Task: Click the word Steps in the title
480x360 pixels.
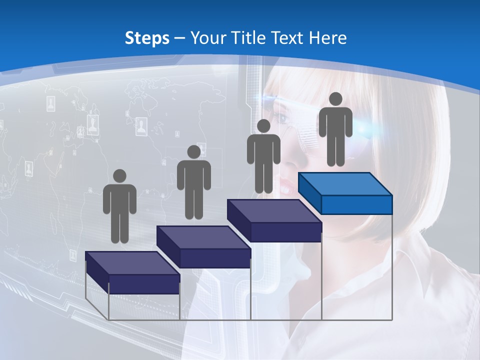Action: point(147,38)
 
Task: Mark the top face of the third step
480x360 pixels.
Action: point(274,211)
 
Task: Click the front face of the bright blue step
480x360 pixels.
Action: point(356,204)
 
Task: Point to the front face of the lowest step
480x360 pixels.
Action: point(144,284)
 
